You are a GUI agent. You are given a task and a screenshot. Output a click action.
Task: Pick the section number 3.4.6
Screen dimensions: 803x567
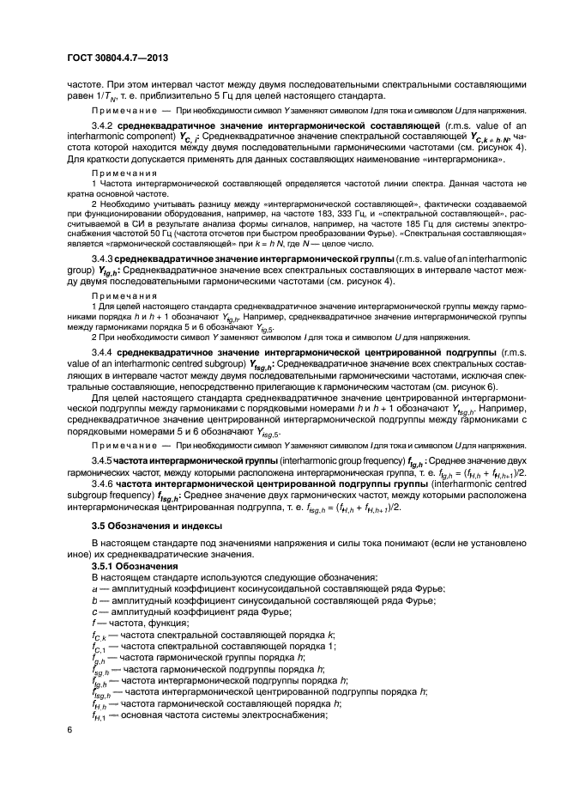(x=104, y=485)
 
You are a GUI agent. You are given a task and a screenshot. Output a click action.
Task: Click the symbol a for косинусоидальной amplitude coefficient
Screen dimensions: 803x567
(x=93, y=588)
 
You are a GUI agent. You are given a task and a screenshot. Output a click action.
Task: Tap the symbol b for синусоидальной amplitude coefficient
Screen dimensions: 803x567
(x=93, y=599)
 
